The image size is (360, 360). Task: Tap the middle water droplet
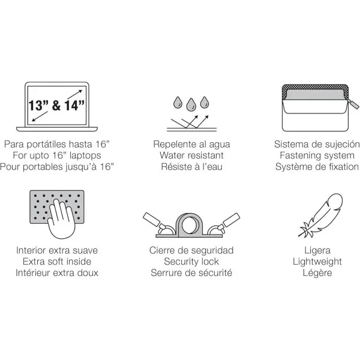191,103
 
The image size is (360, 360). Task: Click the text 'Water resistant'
191,155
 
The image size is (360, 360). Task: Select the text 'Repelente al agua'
191,145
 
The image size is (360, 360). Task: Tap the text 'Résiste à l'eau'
191,166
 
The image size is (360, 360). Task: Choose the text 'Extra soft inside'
58,262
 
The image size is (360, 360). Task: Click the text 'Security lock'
191,262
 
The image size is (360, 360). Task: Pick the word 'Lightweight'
317,262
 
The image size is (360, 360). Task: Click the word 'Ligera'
317,251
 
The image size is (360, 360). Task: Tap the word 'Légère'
317,272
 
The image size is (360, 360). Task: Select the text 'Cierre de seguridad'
191,251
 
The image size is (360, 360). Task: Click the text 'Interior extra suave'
58,251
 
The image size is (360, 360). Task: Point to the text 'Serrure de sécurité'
191,272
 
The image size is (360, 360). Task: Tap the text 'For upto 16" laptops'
58,155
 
